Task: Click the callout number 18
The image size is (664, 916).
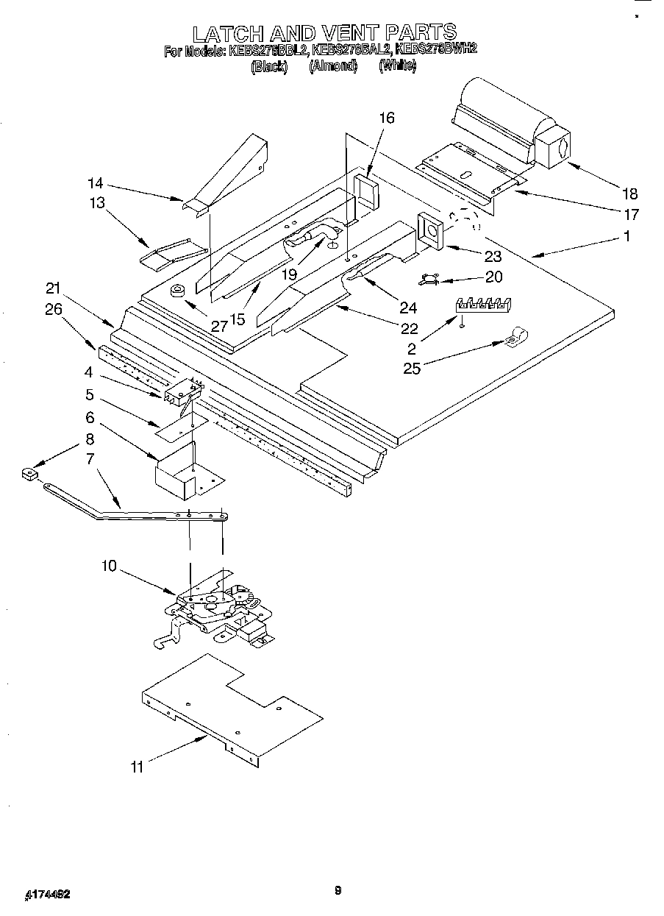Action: coord(629,194)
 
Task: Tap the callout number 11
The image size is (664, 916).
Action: coord(137,767)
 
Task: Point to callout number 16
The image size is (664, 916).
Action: coord(387,118)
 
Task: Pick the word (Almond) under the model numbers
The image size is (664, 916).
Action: coord(332,66)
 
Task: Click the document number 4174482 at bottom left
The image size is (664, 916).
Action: coord(49,894)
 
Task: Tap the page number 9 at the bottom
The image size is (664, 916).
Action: coord(338,891)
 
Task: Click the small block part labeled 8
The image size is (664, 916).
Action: coord(29,475)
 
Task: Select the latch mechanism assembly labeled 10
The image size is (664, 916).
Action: coord(217,605)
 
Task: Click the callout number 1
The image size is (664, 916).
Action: coord(626,236)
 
